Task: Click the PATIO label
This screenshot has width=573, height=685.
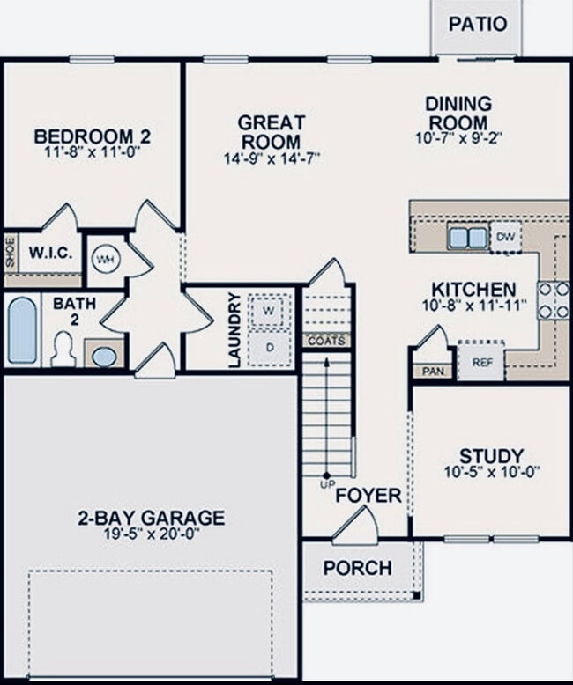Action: coord(478,24)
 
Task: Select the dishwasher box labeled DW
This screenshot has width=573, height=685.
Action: coord(505,237)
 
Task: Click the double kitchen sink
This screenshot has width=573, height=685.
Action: coord(468,238)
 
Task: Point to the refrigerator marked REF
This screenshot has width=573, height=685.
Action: coord(481,361)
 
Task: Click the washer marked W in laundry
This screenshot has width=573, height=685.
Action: coord(269,311)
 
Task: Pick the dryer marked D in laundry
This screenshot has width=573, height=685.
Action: coord(270,348)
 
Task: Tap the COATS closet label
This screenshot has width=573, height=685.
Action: coord(326,341)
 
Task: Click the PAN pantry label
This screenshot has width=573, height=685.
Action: coord(433,371)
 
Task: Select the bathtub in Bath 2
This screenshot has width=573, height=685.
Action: coord(22,330)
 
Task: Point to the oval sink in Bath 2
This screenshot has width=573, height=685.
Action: coord(105,357)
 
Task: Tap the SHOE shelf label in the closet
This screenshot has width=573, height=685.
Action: coord(11,253)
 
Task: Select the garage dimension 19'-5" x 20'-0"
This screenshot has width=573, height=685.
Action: coord(152,534)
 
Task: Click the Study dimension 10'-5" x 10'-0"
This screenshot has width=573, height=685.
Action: coord(492,472)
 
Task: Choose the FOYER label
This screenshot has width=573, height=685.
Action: coord(368,496)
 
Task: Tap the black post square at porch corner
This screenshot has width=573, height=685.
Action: coord(417,594)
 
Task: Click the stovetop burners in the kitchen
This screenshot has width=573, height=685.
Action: coord(554,300)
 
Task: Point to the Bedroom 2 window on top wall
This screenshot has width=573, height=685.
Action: coord(92,59)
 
